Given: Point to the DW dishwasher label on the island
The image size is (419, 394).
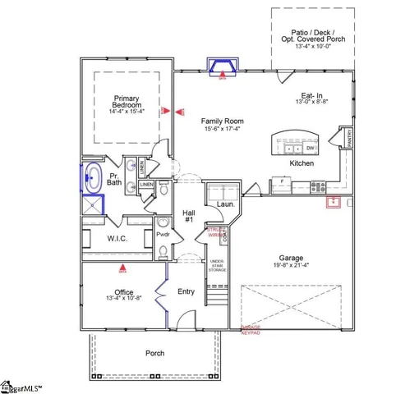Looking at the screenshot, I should coord(310,149).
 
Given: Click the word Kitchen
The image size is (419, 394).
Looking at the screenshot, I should coord(302,163).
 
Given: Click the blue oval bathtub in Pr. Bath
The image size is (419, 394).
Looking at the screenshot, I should coord(92,176).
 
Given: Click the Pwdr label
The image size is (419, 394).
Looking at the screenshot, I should coord(163,234).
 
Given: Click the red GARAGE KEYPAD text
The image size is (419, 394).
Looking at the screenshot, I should coord(251,330).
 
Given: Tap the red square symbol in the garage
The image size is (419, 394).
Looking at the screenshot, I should coord(334,203).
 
